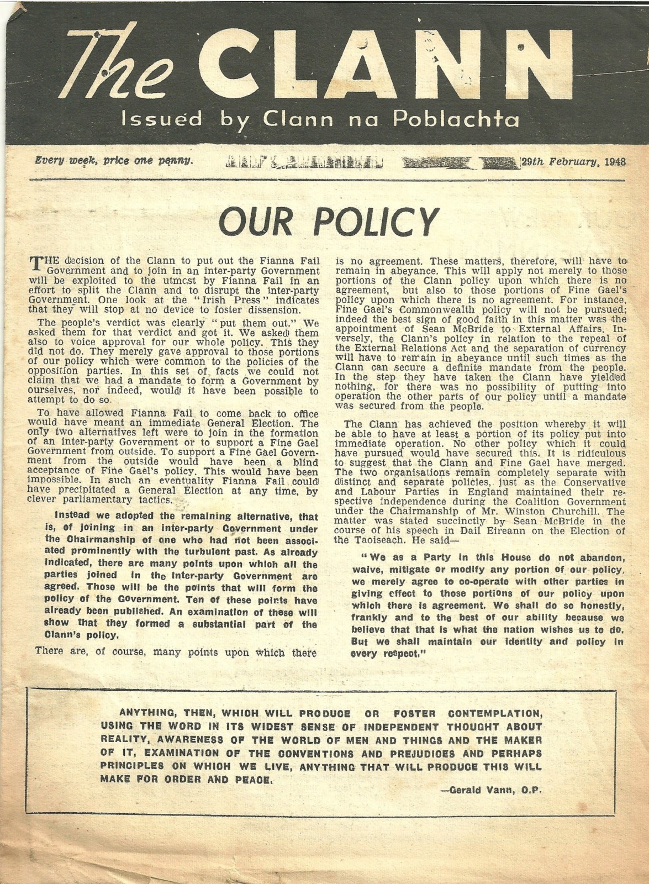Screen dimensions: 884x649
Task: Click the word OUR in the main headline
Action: click(x=253, y=222)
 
